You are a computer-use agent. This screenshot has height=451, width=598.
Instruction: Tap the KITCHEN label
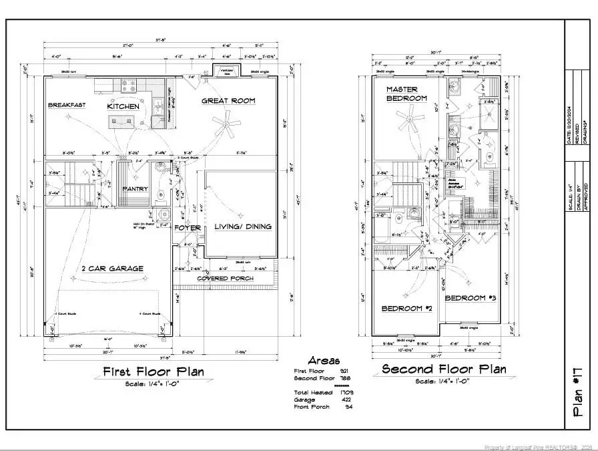click(x=123, y=106)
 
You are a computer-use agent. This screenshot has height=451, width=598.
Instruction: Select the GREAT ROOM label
click(x=229, y=101)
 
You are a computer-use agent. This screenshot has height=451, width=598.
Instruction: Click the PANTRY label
click(x=135, y=189)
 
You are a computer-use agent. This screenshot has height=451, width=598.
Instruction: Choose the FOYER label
click(x=188, y=228)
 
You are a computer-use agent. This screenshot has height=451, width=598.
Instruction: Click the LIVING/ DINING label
click(x=243, y=227)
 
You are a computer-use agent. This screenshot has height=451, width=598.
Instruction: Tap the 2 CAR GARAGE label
click(x=112, y=269)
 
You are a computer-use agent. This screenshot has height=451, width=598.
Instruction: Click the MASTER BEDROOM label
click(x=406, y=94)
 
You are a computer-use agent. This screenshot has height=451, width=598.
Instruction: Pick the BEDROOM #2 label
click(x=407, y=309)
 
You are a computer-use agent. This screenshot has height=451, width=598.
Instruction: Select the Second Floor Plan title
click(x=443, y=369)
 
